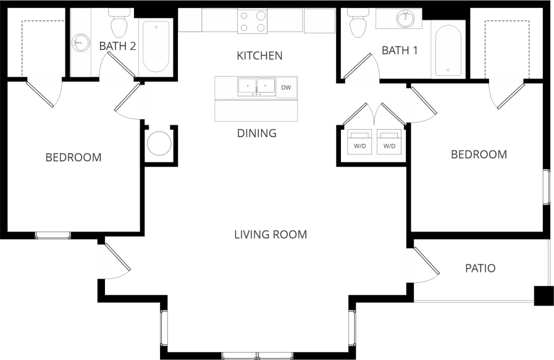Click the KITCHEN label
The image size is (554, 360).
point(259,56)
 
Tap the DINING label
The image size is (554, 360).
point(256,133)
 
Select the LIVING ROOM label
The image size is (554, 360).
point(271,235)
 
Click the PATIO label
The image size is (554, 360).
point(480,269)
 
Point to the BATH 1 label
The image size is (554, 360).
point(400,51)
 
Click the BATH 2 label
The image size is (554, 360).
point(117,45)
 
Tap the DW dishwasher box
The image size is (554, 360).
point(286,88)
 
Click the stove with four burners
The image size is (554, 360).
point(253,22)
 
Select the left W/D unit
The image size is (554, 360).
point(359,142)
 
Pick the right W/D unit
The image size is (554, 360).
point(389,142)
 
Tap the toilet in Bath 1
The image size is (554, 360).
point(357,23)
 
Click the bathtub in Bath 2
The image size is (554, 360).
point(156,46)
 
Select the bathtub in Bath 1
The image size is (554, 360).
point(448,49)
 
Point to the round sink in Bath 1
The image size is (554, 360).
point(406,19)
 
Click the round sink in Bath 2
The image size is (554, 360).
point(79,43)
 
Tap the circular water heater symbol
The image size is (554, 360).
point(159,143)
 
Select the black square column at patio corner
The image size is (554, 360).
point(544,296)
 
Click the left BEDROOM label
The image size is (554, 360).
point(73,157)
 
